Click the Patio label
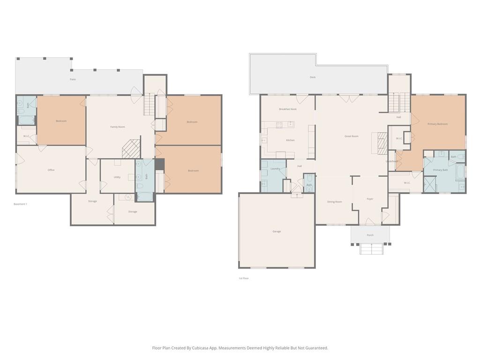pyautogui.click(x=73, y=79)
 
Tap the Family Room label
pyautogui.click(x=118, y=127)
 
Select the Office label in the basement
pyautogui.click(x=51, y=170)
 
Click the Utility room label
pyautogui.click(x=117, y=177)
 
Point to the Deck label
pyautogui.click(x=313, y=77)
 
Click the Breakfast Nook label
pyautogui.click(x=288, y=109)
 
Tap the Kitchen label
pyautogui.click(x=290, y=140)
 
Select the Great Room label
pyautogui.click(x=352, y=136)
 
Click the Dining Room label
pyautogui.click(x=335, y=202)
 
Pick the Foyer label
pyautogui.click(x=370, y=199)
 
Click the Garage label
pyautogui.click(x=277, y=232)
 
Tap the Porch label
pyautogui.click(x=370, y=235)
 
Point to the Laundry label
pyautogui.click(x=275, y=168)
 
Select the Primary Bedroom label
pyautogui.click(x=437, y=124)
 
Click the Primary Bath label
pyautogui.click(x=440, y=170)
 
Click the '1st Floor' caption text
pyautogui.click(x=244, y=278)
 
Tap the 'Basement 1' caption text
pyautogui.click(x=21, y=204)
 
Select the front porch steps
pyautogui.click(x=371, y=249)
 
